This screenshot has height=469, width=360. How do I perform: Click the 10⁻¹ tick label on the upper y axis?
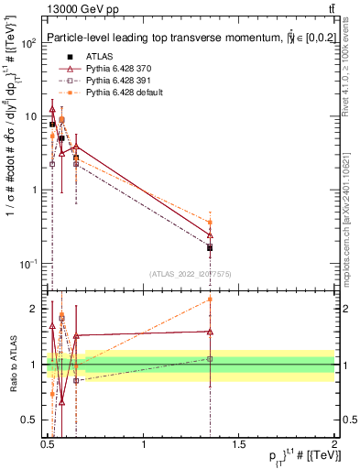[x=29, y=264]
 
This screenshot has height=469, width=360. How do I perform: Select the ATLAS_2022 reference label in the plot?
[x=191, y=274]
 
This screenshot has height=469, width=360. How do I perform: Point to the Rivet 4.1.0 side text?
[x=351, y=87]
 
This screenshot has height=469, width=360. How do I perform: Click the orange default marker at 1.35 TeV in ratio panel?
[x=210, y=299]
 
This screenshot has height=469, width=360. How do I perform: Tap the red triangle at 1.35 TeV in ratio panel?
[x=210, y=332]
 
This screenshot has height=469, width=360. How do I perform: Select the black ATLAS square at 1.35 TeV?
[x=210, y=247]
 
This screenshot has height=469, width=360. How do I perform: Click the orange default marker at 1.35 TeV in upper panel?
[x=210, y=222]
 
